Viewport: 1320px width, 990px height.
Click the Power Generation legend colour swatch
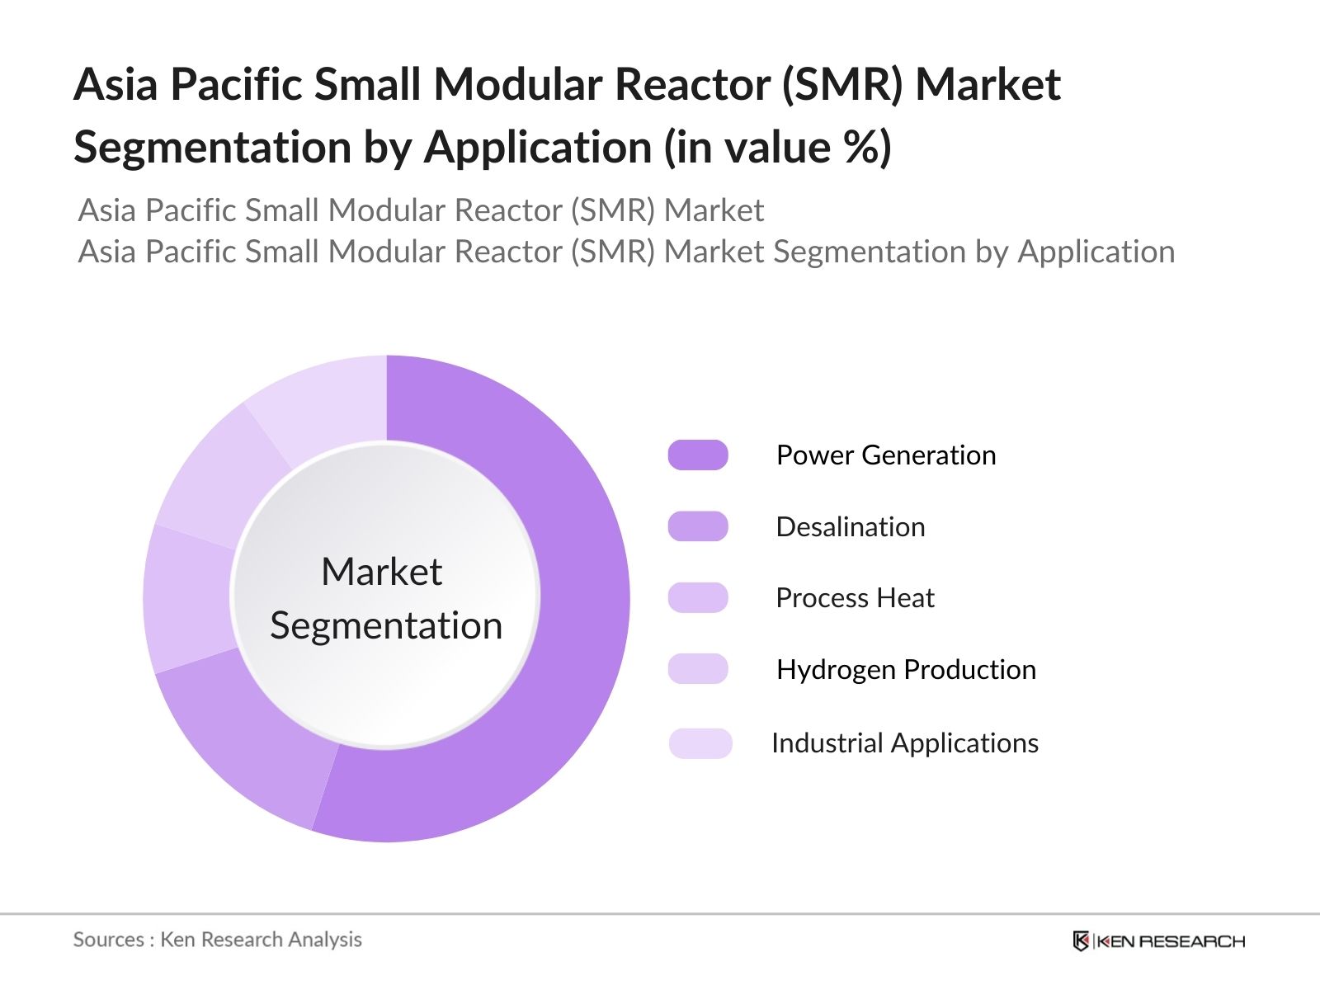(x=698, y=455)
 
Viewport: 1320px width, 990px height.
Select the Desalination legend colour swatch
(x=698, y=526)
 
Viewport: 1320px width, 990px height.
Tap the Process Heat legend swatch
(x=698, y=597)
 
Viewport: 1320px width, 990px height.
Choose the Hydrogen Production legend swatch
(x=698, y=669)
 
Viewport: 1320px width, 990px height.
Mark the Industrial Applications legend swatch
(x=700, y=742)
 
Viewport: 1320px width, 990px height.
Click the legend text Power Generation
(x=885, y=455)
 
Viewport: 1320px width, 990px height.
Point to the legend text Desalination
(x=850, y=526)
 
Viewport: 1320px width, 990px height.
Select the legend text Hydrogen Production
(x=905, y=669)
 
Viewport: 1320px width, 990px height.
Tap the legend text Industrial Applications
(x=904, y=742)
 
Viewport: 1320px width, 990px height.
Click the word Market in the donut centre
(x=381, y=572)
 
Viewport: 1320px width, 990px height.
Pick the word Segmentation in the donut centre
(x=386, y=625)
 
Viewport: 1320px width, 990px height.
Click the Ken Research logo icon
(x=1080, y=940)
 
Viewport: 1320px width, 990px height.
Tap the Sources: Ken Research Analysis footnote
(x=217, y=940)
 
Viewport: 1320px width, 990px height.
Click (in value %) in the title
(x=777, y=148)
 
